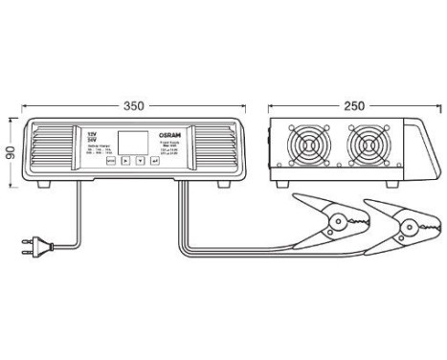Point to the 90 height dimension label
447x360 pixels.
(9, 152)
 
